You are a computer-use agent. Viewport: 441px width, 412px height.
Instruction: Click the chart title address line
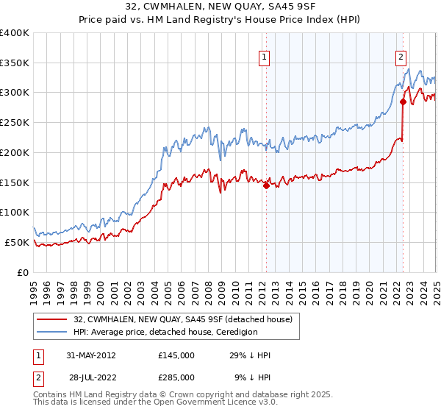pos(220,7)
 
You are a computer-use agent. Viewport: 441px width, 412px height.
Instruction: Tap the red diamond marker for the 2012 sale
pos(266,185)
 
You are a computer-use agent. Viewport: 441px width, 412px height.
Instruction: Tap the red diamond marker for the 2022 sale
pos(403,102)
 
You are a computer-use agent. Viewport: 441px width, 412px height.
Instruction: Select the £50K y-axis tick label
pos(18,242)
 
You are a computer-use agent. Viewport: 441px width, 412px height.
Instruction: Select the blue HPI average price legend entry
pos(165,332)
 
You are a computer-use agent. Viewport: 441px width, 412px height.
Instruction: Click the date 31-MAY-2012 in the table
pos(90,355)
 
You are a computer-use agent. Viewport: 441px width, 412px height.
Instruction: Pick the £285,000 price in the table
pos(176,377)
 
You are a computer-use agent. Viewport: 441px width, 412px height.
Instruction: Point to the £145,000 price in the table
pos(176,355)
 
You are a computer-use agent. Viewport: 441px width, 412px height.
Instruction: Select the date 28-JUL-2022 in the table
pos(90,377)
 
